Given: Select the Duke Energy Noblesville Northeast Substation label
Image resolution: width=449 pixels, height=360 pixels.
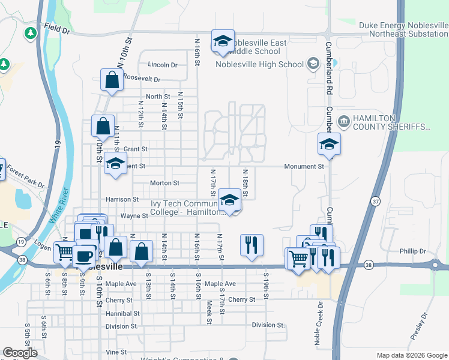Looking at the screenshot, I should pos(403,29).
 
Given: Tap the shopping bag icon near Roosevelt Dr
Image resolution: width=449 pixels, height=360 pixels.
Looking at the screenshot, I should pos(112,80).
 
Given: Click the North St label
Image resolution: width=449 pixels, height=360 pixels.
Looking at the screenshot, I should pos(158,96).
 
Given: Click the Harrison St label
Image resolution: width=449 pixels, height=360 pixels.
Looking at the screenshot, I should pos(122,199).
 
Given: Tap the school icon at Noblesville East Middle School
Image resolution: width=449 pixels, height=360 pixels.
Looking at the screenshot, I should pos(223,41).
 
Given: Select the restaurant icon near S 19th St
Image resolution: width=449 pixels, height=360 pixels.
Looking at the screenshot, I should pos(252,244).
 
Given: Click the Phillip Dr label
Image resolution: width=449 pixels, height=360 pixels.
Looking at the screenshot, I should pos(414,251).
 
